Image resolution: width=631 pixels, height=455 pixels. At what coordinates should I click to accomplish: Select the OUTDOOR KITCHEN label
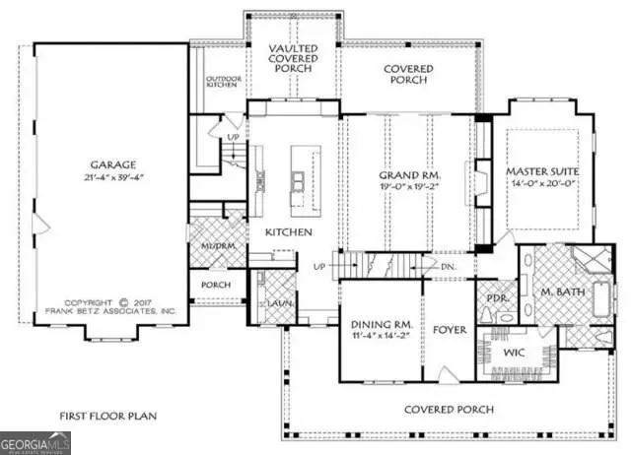click(x=222, y=83)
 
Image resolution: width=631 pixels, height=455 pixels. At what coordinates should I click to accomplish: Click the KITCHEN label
click(x=289, y=232)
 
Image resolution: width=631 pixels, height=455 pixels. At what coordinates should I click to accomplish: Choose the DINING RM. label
click(x=380, y=324)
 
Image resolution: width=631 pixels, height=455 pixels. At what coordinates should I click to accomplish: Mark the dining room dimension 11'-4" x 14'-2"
click(x=380, y=337)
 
